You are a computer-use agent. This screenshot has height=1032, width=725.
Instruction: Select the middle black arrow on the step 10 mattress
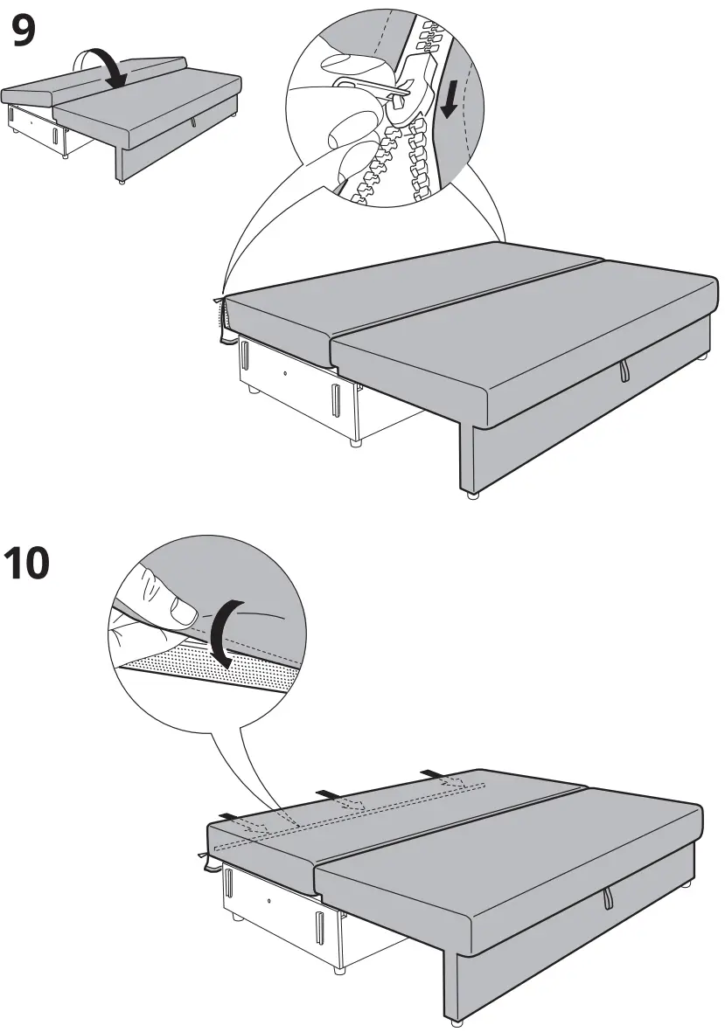(x=327, y=793)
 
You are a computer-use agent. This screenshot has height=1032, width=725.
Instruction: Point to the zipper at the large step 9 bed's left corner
(x=220, y=319)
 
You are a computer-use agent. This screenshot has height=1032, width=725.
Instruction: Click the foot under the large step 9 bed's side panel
(x=473, y=495)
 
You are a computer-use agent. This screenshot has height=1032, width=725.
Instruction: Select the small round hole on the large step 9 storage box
(x=287, y=371)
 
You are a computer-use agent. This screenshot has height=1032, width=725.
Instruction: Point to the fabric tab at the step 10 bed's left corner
(x=207, y=860)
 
